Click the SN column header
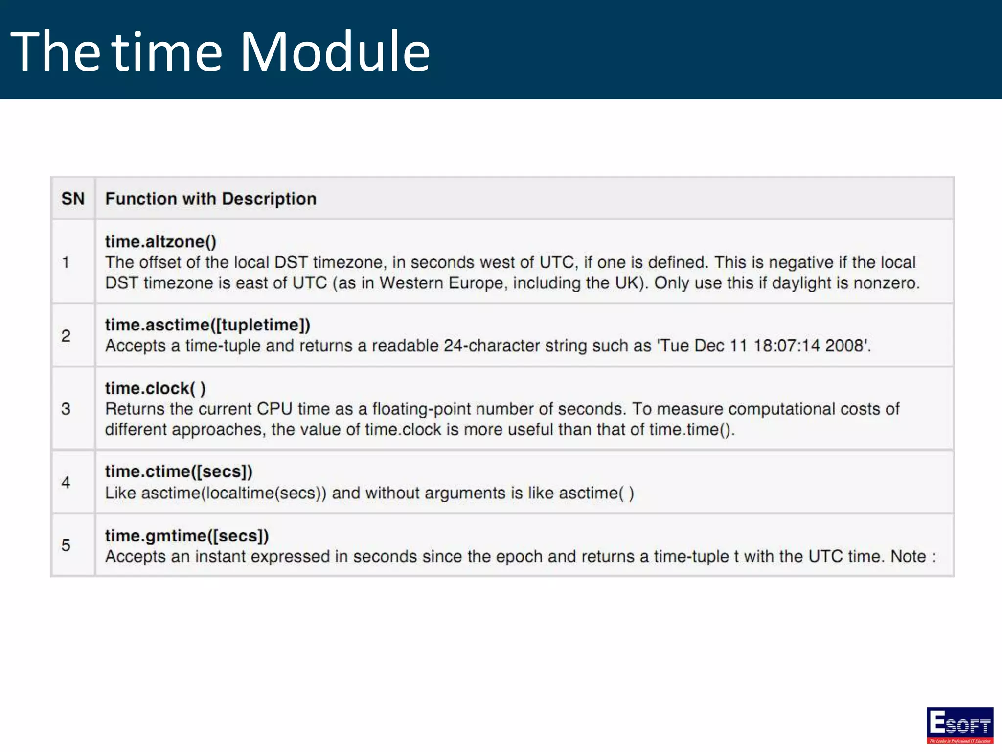73,199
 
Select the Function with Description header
211,199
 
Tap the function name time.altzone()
160,241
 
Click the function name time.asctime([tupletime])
207,325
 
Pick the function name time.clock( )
155,388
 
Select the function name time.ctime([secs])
179,471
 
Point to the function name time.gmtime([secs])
187,536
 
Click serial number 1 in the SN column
66,262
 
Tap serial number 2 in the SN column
66,336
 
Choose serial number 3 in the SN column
66,409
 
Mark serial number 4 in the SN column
66,483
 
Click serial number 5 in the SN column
66,545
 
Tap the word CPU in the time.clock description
274,409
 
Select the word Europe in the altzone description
477,283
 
